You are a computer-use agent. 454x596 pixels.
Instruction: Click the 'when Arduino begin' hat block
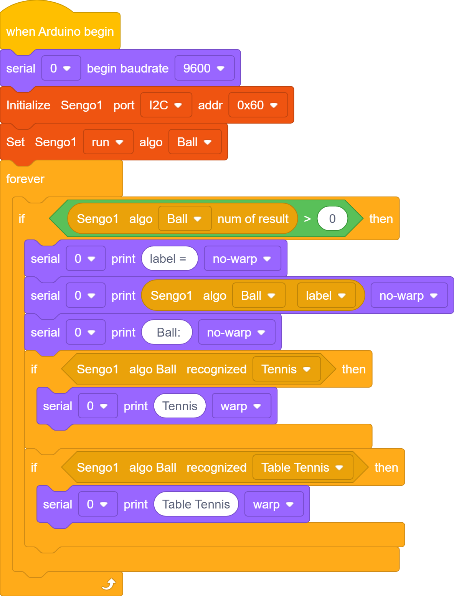coord(60,31)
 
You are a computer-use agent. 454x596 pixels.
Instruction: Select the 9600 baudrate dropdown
coord(205,68)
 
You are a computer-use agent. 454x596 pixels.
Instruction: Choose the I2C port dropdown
coord(166,105)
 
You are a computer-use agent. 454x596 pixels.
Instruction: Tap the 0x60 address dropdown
coord(258,105)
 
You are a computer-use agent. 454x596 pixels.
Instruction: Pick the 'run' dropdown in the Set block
coord(108,142)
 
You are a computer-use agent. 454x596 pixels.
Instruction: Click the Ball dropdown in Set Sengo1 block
coord(195,142)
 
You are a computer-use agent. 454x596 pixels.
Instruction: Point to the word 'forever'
coord(25,179)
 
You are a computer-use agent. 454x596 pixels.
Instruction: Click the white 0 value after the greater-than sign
coord(332,219)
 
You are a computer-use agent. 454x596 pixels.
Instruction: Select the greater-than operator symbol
coord(307,219)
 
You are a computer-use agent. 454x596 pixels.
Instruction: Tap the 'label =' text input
coord(170,259)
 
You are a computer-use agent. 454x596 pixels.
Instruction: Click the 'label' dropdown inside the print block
coord(327,296)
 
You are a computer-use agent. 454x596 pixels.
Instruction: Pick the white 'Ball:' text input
coord(167,332)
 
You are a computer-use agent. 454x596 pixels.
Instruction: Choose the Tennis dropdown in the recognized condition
coord(287,369)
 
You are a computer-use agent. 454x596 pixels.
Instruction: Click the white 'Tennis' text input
coord(180,406)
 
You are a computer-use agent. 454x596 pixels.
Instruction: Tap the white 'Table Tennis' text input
coord(196,505)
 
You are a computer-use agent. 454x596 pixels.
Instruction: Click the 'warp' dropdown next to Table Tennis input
coord(274,505)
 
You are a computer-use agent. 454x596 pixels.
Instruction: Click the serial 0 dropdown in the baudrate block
coord(61,68)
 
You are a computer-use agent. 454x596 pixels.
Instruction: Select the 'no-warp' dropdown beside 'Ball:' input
coord(237,332)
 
